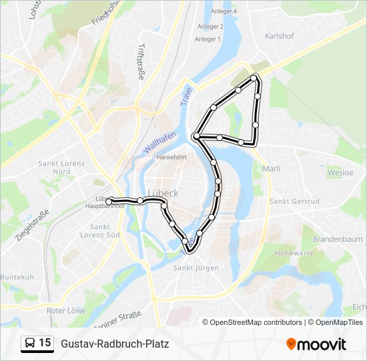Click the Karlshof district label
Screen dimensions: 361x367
coord(280,36)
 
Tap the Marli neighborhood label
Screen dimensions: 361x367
coord(272,169)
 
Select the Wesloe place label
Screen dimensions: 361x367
coord(340,172)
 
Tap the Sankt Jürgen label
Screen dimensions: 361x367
coord(196,268)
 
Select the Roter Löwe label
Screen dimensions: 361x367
coord(65,311)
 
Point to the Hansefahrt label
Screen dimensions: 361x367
coord(171,158)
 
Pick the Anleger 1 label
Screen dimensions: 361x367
coord(208,39)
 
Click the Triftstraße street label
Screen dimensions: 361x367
coord(141,62)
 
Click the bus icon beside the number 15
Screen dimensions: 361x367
coord(29,344)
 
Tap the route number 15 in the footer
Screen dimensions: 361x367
coord(45,343)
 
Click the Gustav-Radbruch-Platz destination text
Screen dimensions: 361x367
coord(115,344)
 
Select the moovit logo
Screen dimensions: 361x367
coord(316,344)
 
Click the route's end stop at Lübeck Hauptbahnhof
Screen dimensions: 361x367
coord(109,201)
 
